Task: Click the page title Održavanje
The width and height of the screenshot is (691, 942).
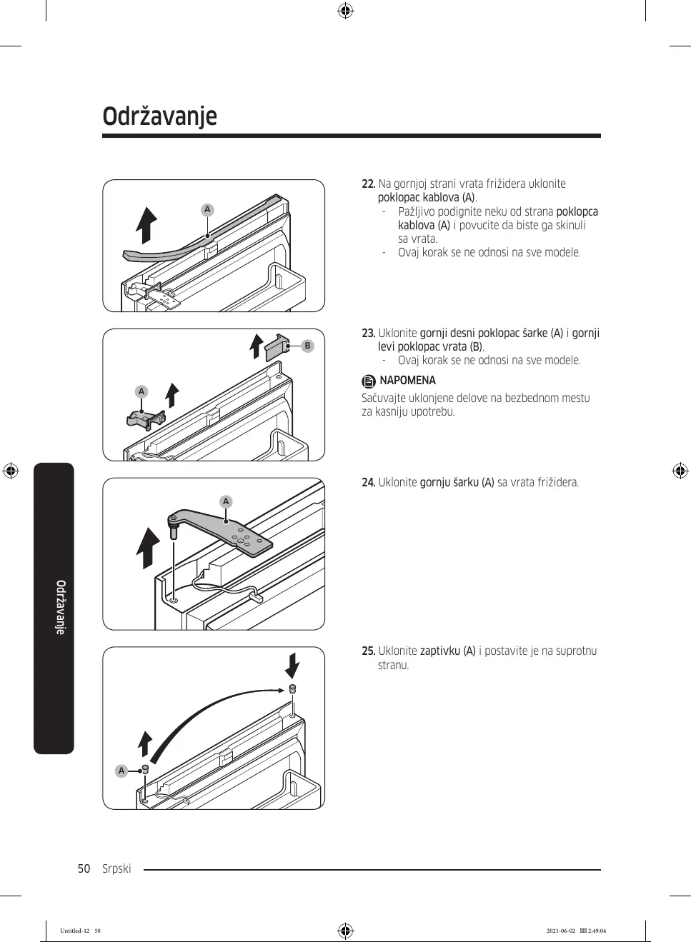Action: click(159, 116)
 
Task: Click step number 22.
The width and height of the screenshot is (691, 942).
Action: click(368, 184)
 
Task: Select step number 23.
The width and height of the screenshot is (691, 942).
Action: click(368, 334)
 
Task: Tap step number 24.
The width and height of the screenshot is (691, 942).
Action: click(368, 483)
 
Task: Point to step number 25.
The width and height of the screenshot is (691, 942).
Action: click(368, 651)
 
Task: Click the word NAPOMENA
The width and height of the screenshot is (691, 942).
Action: click(407, 381)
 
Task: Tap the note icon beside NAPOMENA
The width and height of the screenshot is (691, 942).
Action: click(368, 381)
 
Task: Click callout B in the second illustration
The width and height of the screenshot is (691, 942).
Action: click(307, 346)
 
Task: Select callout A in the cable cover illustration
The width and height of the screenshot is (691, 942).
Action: click(207, 209)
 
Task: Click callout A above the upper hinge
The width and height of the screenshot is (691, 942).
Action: click(226, 501)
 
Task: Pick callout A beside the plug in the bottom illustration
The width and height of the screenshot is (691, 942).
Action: click(121, 771)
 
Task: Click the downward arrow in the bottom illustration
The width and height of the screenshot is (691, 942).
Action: click(292, 665)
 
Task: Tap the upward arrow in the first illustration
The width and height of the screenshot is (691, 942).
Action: click(147, 226)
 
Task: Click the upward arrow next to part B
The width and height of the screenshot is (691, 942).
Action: click(256, 346)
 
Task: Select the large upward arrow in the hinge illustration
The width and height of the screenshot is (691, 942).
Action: click(149, 548)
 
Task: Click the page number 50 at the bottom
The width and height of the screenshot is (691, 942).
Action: click(84, 869)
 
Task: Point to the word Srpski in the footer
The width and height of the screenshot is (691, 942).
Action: click(116, 869)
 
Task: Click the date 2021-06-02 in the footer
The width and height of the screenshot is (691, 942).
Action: click(560, 931)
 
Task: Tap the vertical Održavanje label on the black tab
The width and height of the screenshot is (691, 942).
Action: click(61, 607)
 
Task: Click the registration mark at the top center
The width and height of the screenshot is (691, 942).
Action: click(345, 11)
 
